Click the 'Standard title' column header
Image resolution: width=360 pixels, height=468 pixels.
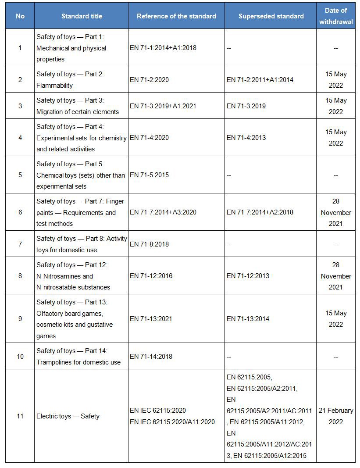click(x=82, y=16)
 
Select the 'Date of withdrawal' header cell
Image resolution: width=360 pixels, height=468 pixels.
click(x=335, y=16)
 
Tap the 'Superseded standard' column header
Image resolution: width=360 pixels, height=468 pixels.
click(x=271, y=16)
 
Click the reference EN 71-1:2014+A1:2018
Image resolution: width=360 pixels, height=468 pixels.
click(x=163, y=48)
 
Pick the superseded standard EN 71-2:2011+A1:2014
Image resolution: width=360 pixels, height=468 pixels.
click(x=260, y=80)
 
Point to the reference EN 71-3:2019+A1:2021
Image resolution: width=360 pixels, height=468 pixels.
click(x=163, y=106)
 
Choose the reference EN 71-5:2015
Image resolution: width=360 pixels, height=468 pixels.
click(x=149, y=175)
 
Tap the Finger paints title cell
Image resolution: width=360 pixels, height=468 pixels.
click(x=80, y=212)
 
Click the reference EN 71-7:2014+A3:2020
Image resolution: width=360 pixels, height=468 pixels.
click(x=163, y=212)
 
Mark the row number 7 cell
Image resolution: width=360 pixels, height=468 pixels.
click(x=20, y=244)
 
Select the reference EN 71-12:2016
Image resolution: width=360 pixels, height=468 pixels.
click(x=151, y=276)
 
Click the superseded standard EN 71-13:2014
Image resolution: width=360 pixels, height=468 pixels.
click(x=248, y=319)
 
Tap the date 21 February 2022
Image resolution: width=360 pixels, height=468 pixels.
click(x=335, y=416)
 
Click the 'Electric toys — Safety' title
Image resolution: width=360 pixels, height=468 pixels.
click(x=68, y=416)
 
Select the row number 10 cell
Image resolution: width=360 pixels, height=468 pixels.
click(x=20, y=357)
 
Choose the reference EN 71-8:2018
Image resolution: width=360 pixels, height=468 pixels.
click(x=149, y=244)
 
